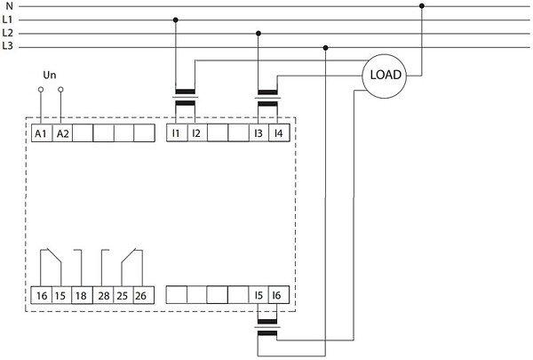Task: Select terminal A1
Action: (41, 133)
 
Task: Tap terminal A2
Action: (62, 133)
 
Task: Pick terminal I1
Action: (176, 133)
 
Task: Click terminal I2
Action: (196, 133)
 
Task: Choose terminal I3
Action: (259, 133)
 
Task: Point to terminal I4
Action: (278, 133)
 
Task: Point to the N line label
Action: (8, 6)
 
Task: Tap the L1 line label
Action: (8, 20)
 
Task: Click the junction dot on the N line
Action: (422, 6)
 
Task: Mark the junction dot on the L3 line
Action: (327, 47)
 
